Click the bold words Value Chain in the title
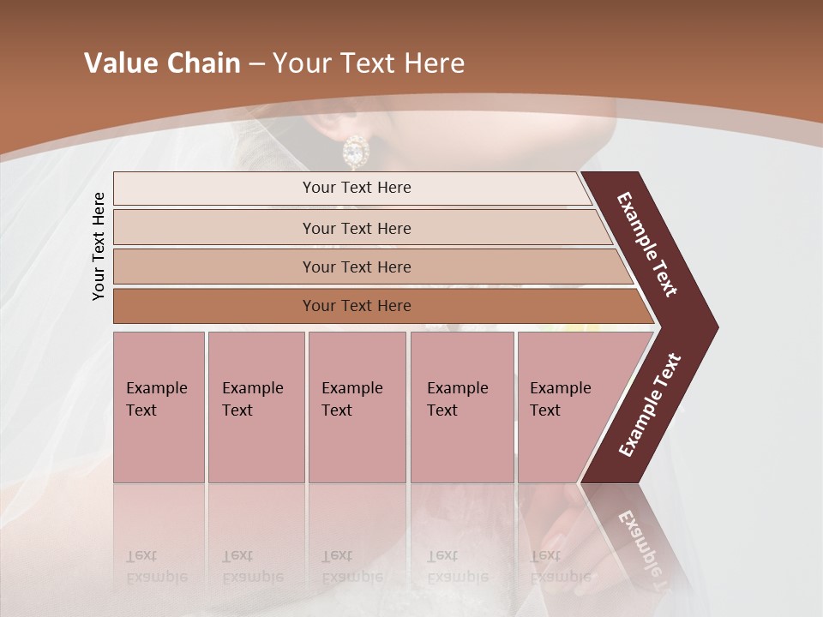point(162,63)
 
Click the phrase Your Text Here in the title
point(369,63)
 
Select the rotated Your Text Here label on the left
point(99,246)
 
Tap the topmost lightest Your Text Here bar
point(357,188)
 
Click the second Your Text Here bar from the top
point(357,228)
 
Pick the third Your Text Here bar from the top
point(357,267)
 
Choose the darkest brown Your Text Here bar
point(357,306)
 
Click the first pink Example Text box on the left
point(159,406)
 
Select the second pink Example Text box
point(255,406)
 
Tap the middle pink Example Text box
point(357,406)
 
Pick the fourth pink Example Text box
point(461,406)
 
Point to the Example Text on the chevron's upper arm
point(647,244)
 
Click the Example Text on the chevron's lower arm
point(649,405)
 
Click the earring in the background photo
point(354,152)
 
